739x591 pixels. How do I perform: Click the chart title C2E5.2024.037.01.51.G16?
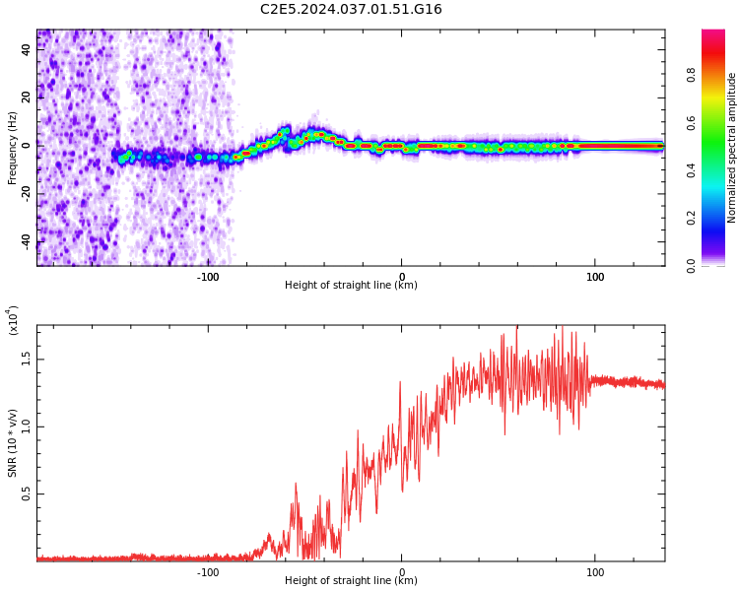point(351,10)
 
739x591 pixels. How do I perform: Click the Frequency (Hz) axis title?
point(13,148)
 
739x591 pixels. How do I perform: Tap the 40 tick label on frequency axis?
point(27,48)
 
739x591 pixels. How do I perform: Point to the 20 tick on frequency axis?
point(27,97)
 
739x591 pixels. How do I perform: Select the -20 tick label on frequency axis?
point(27,194)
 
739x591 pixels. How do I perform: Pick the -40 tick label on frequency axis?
point(27,242)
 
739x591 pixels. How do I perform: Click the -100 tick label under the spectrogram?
point(208,277)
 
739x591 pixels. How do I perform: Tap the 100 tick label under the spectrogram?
point(595,277)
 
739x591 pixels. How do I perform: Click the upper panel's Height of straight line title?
point(351,286)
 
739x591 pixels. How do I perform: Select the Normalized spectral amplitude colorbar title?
point(732,148)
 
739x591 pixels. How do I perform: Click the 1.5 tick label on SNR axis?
point(27,359)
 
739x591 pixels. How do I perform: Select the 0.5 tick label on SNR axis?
point(27,494)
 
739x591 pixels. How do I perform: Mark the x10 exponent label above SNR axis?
point(14,320)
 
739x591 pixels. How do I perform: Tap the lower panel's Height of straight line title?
point(351,581)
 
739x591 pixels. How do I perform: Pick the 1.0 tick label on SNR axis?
point(27,427)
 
